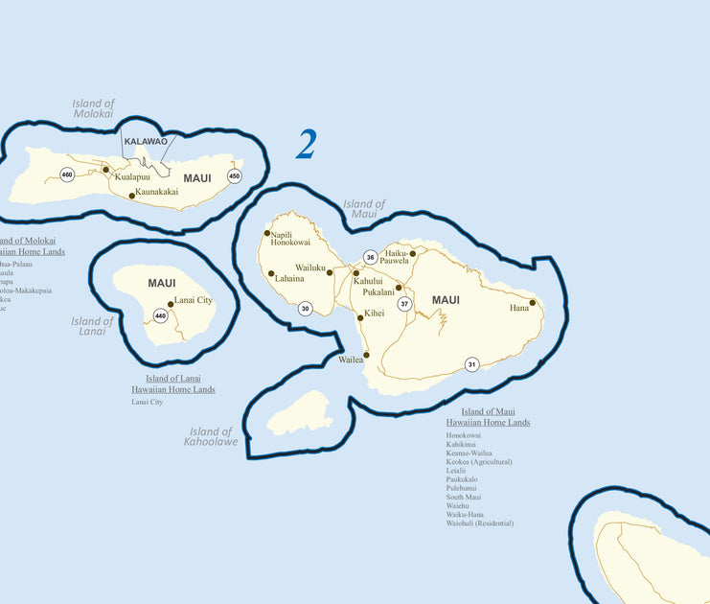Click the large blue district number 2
click(306, 144)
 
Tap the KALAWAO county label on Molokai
click(146, 141)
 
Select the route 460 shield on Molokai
click(66, 174)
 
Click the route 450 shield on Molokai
click(234, 175)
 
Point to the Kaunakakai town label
click(156, 192)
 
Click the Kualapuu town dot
click(106, 170)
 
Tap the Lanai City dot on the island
click(171, 304)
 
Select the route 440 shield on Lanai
click(160, 315)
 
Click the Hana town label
click(518, 308)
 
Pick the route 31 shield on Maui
click(471, 364)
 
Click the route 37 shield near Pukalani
click(404, 304)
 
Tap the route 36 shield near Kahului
click(370, 257)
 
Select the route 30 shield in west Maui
click(305, 309)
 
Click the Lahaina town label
click(289, 279)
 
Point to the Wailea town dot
click(366, 355)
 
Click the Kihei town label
click(374, 314)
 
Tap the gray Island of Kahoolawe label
click(211, 436)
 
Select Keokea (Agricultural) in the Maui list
click(479, 462)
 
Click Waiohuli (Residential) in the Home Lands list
click(479, 523)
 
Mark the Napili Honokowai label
click(289, 239)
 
